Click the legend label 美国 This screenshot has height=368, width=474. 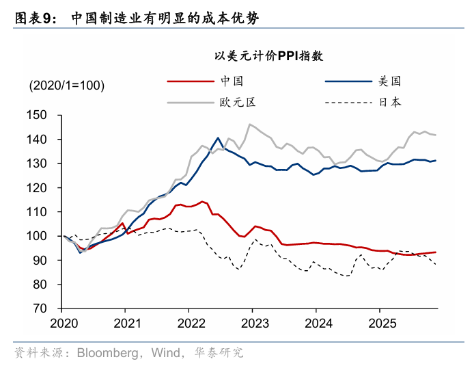(x=390, y=81)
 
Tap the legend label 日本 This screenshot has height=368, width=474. (x=390, y=103)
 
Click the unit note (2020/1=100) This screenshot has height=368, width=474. (x=66, y=86)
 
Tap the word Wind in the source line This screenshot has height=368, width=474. (x=167, y=353)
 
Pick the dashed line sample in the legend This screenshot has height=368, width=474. (x=348, y=103)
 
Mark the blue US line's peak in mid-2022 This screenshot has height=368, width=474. (x=218, y=137)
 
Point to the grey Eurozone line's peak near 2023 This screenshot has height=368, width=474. (x=250, y=124)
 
